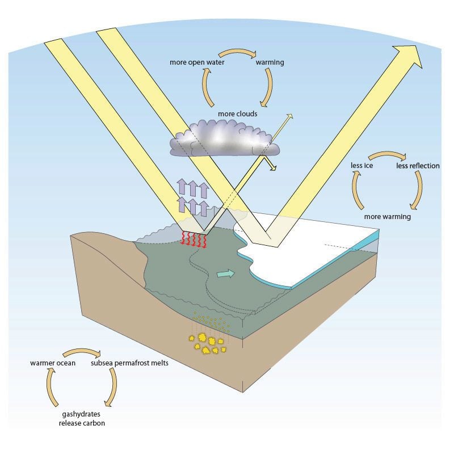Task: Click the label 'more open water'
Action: coord(197,62)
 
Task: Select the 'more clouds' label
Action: coord(237,114)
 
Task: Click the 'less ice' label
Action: coord(362,166)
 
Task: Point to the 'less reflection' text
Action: coord(418,166)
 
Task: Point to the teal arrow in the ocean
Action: coord(225,274)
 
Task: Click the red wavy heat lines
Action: coord(194,239)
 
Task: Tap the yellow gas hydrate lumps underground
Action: coord(208,343)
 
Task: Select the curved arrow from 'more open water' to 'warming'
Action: coord(233,53)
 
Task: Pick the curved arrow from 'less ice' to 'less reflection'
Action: coord(387,155)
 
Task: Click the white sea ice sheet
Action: coord(318,250)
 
